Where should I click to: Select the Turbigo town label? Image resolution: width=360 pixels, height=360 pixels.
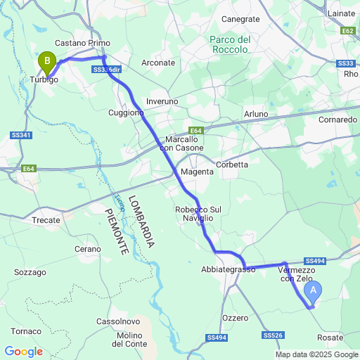pyautogui.click(x=44, y=80)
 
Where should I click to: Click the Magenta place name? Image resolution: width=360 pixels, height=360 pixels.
pyautogui.click(x=196, y=172)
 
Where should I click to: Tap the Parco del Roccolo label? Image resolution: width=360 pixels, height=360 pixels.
pyautogui.click(x=229, y=44)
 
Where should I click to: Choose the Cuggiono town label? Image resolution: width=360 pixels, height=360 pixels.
pyautogui.click(x=127, y=112)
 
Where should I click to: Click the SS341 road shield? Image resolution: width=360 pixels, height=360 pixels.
pyautogui.click(x=21, y=134)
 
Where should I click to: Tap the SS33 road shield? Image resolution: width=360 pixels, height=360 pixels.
pyautogui.click(x=345, y=64)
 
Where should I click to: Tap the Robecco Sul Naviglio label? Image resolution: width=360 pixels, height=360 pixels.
pyautogui.click(x=198, y=214)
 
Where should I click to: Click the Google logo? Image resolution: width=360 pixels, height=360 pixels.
pyautogui.click(x=24, y=352)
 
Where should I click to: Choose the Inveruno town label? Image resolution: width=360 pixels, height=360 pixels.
pyautogui.click(x=162, y=102)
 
